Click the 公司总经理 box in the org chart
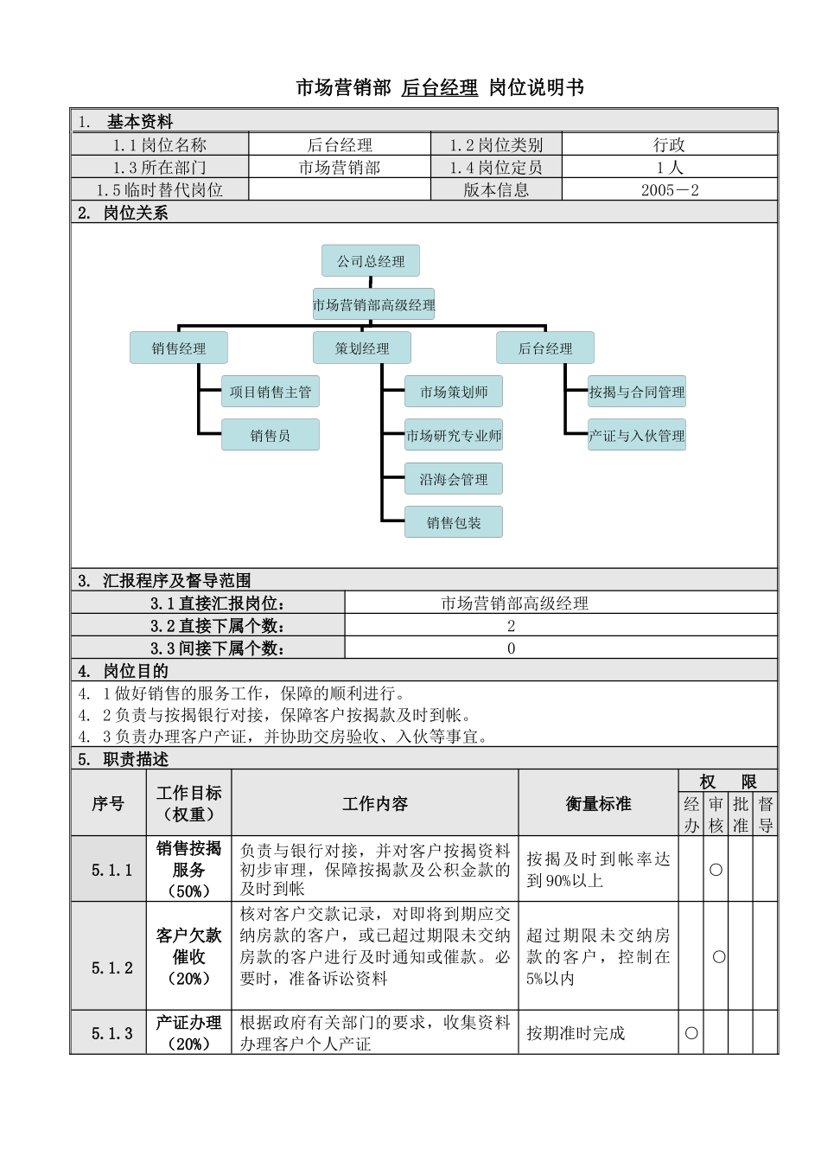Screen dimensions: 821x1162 pos(371,261)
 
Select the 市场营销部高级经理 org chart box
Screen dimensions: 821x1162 pos(373,304)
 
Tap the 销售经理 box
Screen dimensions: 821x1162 pos(179,348)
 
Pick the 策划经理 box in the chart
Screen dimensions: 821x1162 pos(362,348)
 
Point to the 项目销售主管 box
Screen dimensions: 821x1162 pos(270,392)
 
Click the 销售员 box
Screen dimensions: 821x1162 pos(270,435)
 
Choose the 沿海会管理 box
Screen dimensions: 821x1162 pos(454,479)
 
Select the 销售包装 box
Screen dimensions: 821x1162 pos(454,522)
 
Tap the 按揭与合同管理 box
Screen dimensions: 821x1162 pos(637,392)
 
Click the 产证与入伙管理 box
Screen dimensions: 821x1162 pos(637,435)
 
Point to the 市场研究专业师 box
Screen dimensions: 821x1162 pos(454,435)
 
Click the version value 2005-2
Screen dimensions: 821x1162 pos(670,190)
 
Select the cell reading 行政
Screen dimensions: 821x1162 pos(670,145)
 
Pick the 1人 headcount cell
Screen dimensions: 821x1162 pos(670,168)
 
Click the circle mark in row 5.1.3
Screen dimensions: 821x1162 pos(691,1032)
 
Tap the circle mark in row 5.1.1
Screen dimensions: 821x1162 pos(716,870)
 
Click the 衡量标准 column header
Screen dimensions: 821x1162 pos(598,804)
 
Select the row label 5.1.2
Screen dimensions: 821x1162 pos(112,967)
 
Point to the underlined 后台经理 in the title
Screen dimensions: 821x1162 pos(440,87)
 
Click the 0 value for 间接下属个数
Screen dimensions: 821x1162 pos(512,648)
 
